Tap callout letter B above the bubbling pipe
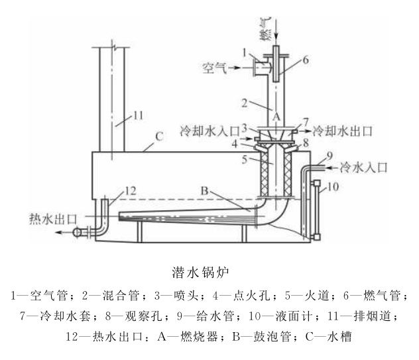(x=206, y=191)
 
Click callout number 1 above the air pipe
(x=243, y=50)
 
